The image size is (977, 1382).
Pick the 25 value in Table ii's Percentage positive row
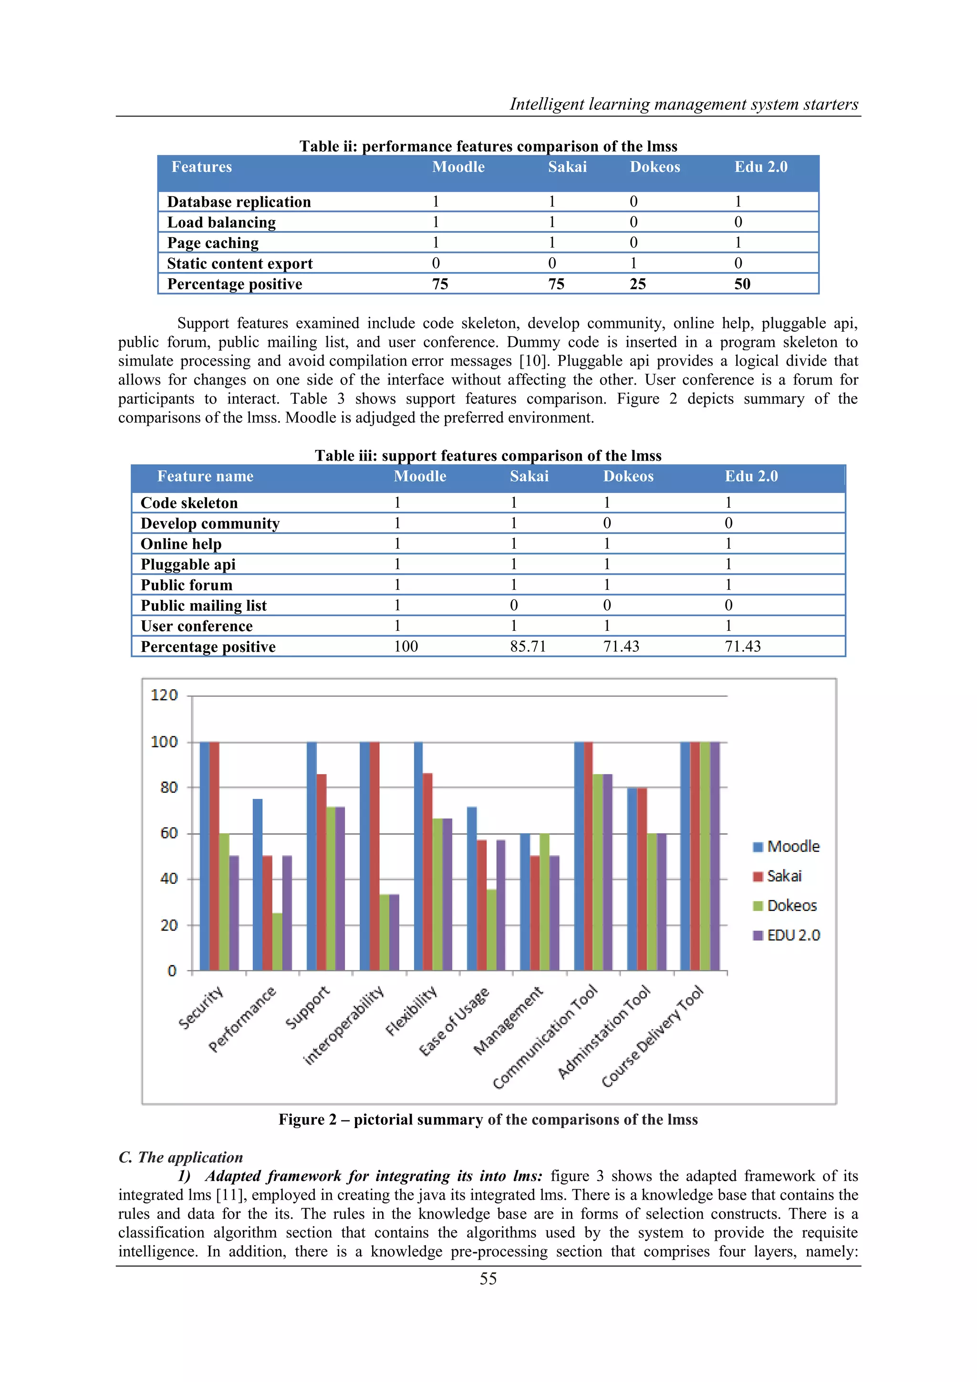click(x=638, y=284)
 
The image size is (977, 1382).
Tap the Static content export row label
click(x=239, y=263)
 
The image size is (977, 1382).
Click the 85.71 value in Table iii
click(x=528, y=647)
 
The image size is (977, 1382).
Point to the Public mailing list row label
click(x=203, y=606)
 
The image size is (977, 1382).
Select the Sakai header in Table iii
click(x=529, y=476)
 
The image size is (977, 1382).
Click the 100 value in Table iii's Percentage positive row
click(x=406, y=647)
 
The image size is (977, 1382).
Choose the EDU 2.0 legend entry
click(x=786, y=935)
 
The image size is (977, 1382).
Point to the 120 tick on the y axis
click(x=164, y=695)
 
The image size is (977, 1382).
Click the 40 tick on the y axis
click(x=168, y=879)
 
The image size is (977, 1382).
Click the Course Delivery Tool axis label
click(x=652, y=1036)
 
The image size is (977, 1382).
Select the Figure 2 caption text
click(x=488, y=1120)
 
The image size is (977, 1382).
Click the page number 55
click(x=488, y=1278)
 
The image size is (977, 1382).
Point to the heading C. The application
click(x=180, y=1157)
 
